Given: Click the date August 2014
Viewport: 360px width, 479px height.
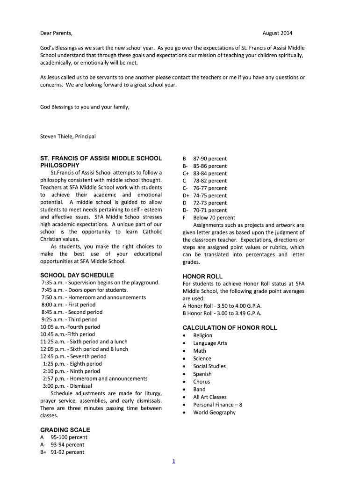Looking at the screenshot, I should coord(277,33).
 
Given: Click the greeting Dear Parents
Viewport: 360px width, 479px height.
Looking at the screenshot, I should coord(57,33).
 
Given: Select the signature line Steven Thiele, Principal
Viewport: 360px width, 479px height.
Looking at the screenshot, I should coord(68,137).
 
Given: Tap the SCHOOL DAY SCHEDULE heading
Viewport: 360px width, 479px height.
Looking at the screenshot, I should coord(77,275).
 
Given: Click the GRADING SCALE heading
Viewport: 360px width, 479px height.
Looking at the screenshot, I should coord(65,430).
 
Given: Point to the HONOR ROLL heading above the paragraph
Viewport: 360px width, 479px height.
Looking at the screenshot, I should coord(202,276).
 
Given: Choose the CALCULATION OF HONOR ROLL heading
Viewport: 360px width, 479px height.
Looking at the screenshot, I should coord(230,328).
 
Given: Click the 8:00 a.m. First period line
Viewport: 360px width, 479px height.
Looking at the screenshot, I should coord(68,305).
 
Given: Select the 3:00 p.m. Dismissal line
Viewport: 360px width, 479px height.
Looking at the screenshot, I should coord(67,386).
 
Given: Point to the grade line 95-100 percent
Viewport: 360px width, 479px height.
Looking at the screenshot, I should coord(69,437).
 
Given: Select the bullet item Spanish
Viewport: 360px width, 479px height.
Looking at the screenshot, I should coord(202,374).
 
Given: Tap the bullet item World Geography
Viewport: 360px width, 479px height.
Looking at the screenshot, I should coord(214,412).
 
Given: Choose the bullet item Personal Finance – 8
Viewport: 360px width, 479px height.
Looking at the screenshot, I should coord(217,405).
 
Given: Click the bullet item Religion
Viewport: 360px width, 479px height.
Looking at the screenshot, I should coord(202,335).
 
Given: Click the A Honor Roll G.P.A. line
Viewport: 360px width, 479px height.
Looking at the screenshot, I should coord(222,306).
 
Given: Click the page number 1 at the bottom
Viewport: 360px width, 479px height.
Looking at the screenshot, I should coord(173,462).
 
